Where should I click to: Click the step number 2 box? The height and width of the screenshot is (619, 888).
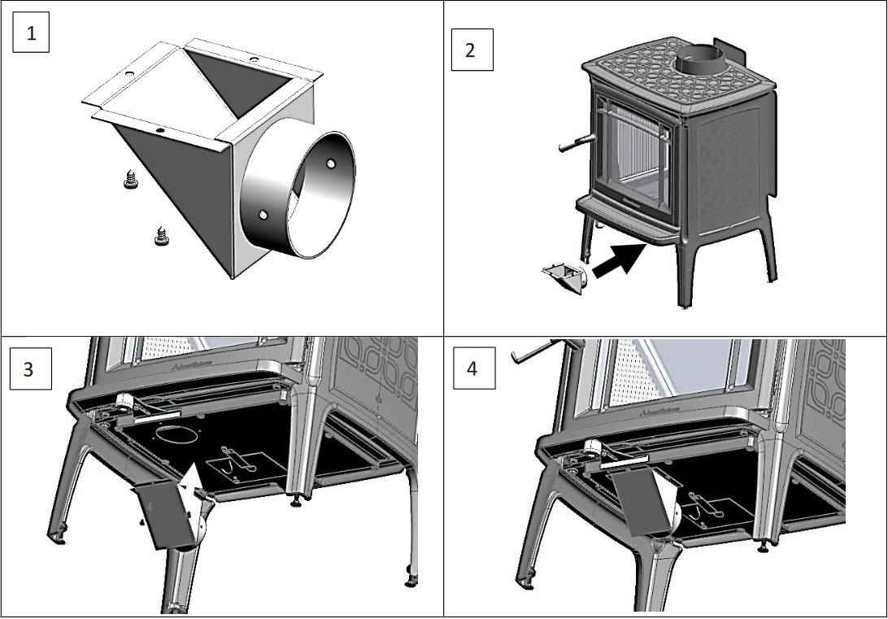pyautogui.click(x=471, y=50)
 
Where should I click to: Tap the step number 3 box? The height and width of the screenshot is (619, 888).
pyautogui.click(x=28, y=369)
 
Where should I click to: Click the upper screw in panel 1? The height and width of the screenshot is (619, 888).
pyautogui.click(x=130, y=179)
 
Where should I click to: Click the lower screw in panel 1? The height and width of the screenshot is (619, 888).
pyautogui.click(x=160, y=236)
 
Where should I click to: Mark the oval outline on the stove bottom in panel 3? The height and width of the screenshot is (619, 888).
pyautogui.click(x=172, y=435)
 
